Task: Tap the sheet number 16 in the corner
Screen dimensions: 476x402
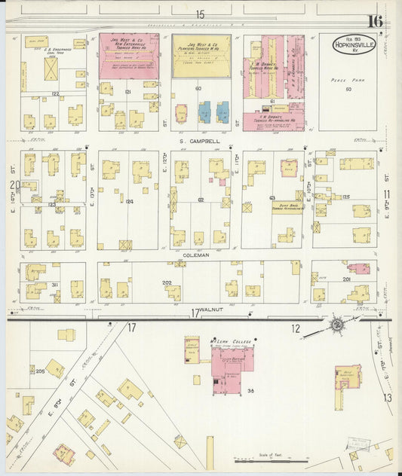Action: pos(375,20)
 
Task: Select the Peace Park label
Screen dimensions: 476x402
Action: pos(348,80)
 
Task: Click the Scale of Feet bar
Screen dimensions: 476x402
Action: pos(264,458)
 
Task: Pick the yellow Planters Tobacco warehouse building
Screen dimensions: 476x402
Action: pos(201,56)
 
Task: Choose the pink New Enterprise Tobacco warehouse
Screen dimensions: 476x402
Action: pos(128,56)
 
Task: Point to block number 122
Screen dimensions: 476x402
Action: pos(54,93)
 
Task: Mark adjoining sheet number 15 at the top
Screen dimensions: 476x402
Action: pos(200,14)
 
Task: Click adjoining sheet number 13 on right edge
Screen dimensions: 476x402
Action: pos(387,397)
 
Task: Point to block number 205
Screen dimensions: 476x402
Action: pos(40,371)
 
